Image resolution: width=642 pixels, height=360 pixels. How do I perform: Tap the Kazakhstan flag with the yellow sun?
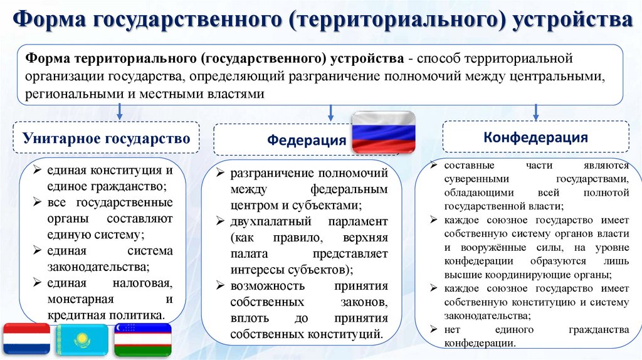pyautogui.click(x=82, y=339)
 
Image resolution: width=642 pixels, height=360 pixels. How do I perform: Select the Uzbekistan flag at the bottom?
pyautogui.click(x=143, y=339)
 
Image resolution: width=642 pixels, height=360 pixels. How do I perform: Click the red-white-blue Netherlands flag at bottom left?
pyautogui.click(x=26, y=339)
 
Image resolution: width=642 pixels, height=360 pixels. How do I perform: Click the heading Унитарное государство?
pyautogui.click(x=106, y=139)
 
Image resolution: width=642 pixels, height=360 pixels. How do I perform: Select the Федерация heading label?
pyautogui.click(x=307, y=140)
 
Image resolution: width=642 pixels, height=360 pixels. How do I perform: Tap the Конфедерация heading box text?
pyautogui.click(x=535, y=137)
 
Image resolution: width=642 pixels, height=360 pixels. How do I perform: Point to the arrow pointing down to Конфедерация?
pyautogui.click(x=535, y=112)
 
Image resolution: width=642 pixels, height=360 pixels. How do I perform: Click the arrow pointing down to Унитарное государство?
pyautogui.click(x=119, y=112)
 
